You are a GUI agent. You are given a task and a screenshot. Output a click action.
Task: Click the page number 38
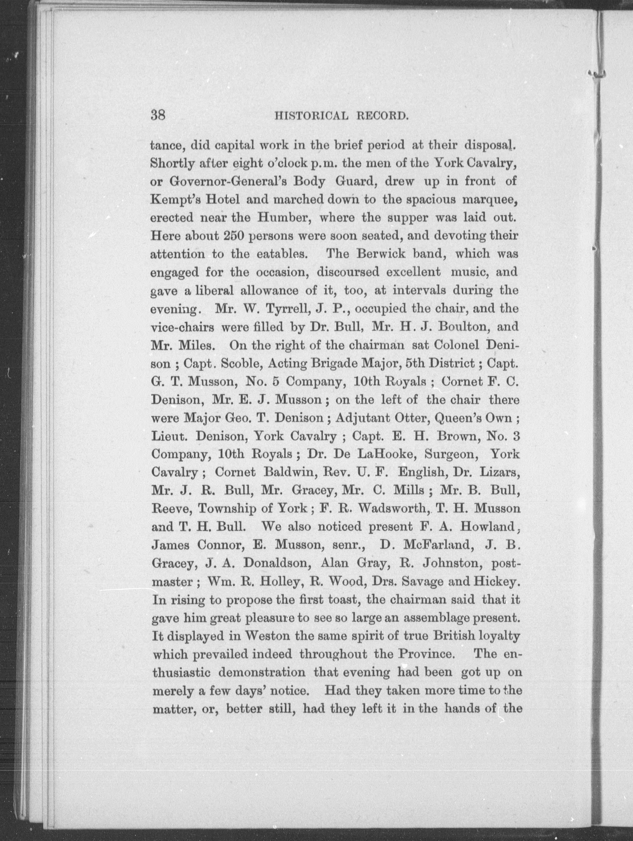coord(158,115)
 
